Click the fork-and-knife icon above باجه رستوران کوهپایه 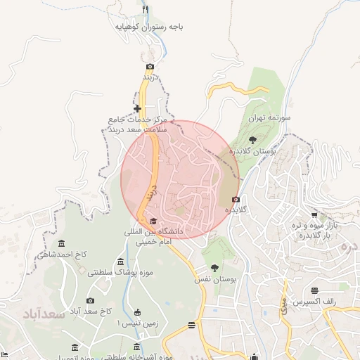click(x=146, y=10)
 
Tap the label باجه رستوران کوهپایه click(x=150, y=27)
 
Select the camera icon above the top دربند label click(x=150, y=66)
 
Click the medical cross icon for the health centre click(x=138, y=108)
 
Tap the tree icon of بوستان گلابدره click(x=252, y=140)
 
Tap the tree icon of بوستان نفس click(x=214, y=267)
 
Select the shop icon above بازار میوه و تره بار click(x=314, y=214)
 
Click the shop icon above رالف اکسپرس click(x=314, y=290)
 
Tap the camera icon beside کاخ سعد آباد click(x=90, y=300)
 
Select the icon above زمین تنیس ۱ click(x=137, y=311)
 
